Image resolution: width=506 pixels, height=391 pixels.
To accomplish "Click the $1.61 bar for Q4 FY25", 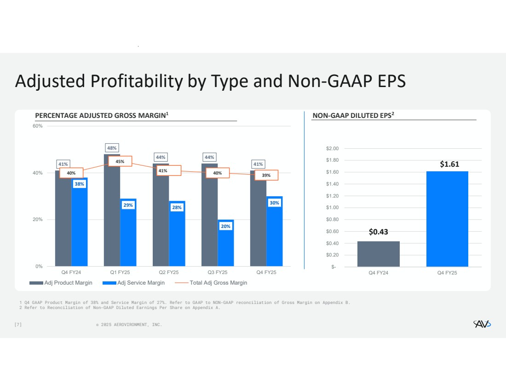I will pos(447,219).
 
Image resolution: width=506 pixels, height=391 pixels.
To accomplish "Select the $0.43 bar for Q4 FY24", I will pos(378,254).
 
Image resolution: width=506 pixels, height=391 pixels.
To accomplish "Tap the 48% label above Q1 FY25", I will pos(112,148).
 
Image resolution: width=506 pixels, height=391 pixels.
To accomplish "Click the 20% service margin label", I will pos(225,226).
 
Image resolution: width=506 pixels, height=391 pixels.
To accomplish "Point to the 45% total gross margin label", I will pos(120,161).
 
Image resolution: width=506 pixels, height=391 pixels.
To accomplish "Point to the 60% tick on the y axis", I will pos(37,126).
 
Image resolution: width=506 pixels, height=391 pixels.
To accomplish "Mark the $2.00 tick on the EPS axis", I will pos(333,148).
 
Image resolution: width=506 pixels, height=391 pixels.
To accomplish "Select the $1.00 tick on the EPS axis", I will pos(333,208).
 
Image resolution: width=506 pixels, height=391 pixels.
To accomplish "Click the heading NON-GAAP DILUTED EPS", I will pos(353,116).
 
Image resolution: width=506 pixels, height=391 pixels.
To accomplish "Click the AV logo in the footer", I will pos(482,325).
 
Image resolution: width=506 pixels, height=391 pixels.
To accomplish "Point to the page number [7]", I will pos(18,325).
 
